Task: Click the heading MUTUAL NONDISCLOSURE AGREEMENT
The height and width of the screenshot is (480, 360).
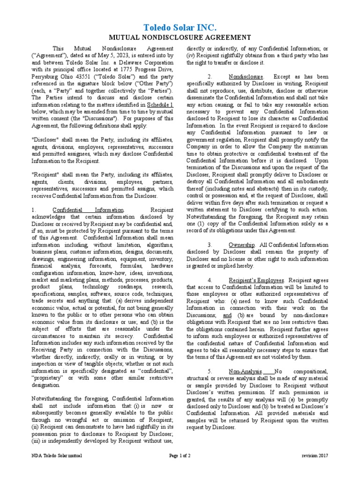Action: (x=180, y=37)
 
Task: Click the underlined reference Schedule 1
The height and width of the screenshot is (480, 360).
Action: (x=160, y=104)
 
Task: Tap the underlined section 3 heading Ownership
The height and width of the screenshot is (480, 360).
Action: (x=241, y=245)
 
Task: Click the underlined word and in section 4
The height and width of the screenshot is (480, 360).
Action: (x=227, y=315)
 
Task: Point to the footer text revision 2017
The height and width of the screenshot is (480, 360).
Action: (x=315, y=456)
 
